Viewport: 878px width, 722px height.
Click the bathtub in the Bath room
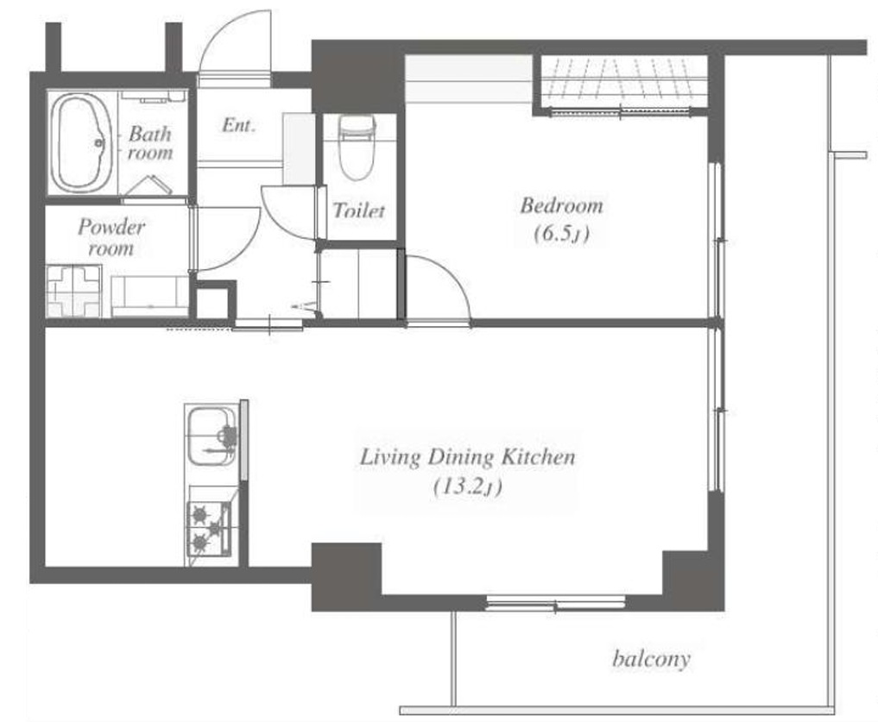click(x=82, y=142)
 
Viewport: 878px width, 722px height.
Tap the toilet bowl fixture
click(x=357, y=148)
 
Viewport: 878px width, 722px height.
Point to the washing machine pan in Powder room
click(x=73, y=291)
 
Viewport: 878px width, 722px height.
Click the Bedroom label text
click(x=562, y=205)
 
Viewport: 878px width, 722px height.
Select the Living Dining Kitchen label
click(x=467, y=456)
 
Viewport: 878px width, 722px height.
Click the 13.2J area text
click(x=468, y=487)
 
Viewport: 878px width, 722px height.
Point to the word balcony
click(x=651, y=658)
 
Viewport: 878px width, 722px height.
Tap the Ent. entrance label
click(x=238, y=125)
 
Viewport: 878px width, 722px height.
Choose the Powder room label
click(x=111, y=236)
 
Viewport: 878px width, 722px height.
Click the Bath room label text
click(x=149, y=142)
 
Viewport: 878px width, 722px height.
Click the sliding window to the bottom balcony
click(x=555, y=603)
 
